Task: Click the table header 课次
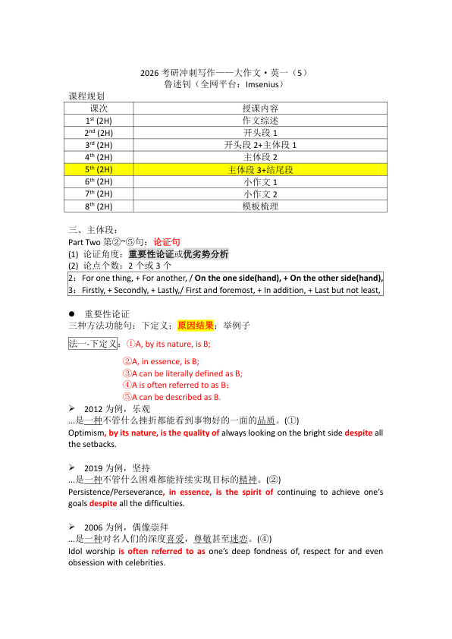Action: (99, 109)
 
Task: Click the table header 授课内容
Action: (260, 109)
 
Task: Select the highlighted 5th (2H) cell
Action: (99, 170)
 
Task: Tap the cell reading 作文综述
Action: (260, 121)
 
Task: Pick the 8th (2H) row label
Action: (99, 206)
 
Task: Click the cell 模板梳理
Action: (260, 206)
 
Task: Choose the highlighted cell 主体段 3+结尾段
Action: (260, 170)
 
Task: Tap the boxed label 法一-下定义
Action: (93, 343)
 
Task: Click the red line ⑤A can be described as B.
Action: (172, 397)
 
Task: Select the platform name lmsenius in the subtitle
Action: (258, 85)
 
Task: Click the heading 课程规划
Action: (86, 97)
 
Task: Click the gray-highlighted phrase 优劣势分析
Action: (206, 253)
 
